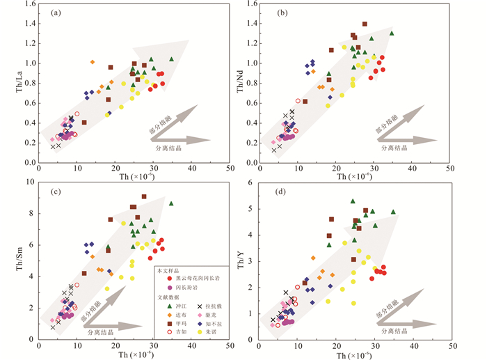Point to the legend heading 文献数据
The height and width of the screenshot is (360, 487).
pos(168,297)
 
